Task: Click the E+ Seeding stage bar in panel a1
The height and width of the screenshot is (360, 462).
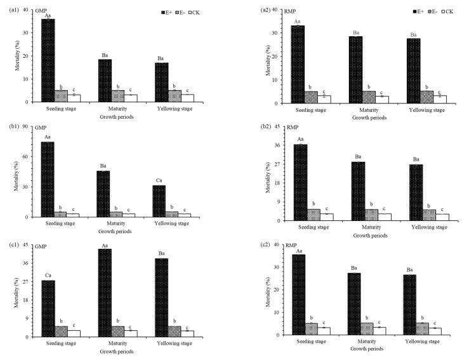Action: [x=48, y=60]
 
